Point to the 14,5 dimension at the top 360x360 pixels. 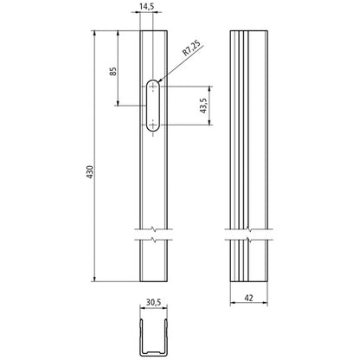click(145, 7)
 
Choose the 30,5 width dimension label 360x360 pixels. click(152, 303)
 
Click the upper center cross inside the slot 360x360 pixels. click(153, 88)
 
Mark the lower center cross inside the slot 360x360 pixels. click(153, 125)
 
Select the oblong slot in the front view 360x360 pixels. click(153, 106)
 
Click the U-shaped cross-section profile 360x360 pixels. click(153, 336)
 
